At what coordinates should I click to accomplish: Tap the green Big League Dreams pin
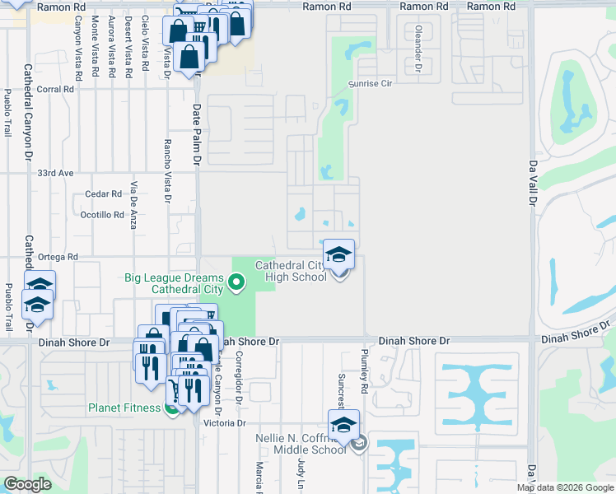tap(237, 284)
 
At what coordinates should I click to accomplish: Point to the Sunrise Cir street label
tap(376, 84)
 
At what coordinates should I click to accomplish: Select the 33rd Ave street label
tap(56, 174)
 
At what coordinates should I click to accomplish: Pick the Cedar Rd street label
tap(103, 194)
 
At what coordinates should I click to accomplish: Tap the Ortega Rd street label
tap(57, 256)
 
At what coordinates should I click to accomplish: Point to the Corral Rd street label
tap(55, 89)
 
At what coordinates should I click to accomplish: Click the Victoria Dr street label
tap(230, 423)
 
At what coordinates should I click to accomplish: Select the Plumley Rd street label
tap(363, 369)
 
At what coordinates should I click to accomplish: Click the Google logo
tap(28, 484)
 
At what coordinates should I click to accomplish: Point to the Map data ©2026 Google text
tap(565, 487)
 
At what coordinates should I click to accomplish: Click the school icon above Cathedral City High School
tap(338, 254)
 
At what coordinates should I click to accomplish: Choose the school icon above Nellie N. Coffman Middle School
tap(343, 425)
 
